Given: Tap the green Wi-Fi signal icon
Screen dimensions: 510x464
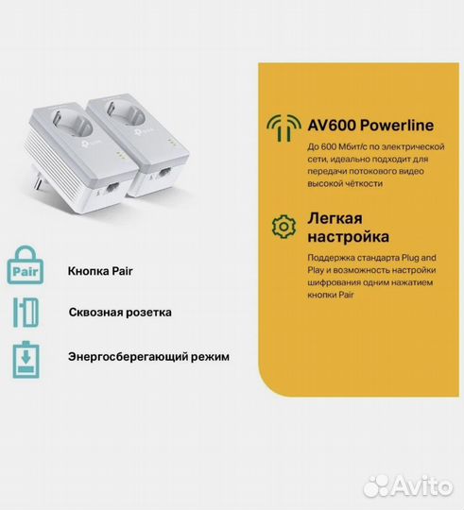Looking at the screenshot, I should [x=281, y=127].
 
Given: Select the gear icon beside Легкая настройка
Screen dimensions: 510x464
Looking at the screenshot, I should [x=281, y=227].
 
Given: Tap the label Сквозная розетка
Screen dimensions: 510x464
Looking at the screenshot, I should [x=120, y=312].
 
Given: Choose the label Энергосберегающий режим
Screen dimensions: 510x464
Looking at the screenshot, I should [x=148, y=357].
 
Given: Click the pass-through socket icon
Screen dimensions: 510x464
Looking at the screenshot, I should [x=26, y=313].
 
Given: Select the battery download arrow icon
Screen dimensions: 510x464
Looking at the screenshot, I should [x=26, y=358].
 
